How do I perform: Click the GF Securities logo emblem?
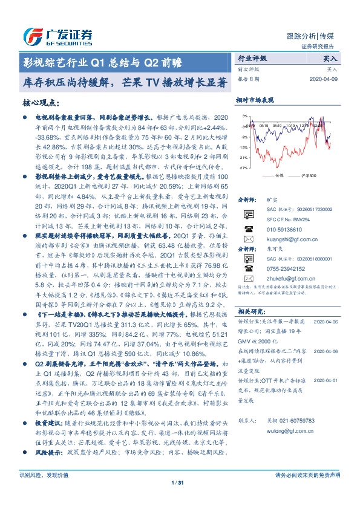click(32, 35)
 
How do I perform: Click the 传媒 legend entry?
click(279, 175)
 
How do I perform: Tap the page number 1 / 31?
click(179, 482)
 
